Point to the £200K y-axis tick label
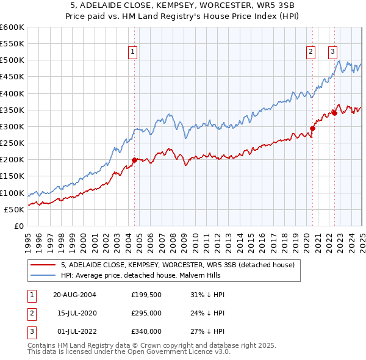point(12,160)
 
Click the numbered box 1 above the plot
point(132,52)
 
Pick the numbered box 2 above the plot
point(311,52)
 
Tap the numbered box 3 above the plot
point(334,52)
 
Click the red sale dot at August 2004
point(134,160)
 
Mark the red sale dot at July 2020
point(312,128)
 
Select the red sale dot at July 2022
point(334,113)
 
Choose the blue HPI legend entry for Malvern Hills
point(161,275)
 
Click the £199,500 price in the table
point(146,295)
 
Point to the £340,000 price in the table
point(146,331)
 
